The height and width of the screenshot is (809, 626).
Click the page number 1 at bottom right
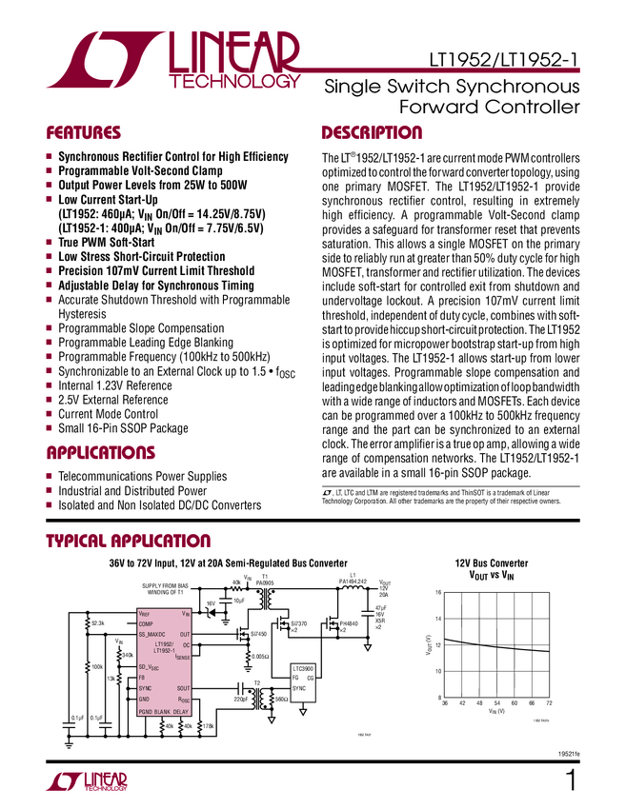571,782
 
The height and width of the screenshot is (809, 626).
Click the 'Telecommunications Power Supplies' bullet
151,475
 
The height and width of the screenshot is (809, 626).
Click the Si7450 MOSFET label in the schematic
257,633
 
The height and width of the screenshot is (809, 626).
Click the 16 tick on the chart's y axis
438,592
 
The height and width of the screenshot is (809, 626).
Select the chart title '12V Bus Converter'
491,563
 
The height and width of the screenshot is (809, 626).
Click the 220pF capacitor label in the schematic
241,700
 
